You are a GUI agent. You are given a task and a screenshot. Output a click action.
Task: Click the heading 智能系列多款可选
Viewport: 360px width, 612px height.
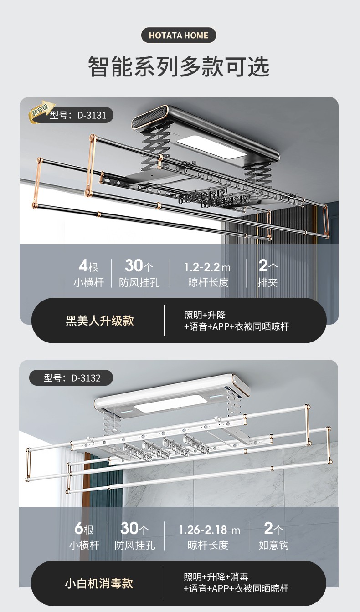pos(180,66)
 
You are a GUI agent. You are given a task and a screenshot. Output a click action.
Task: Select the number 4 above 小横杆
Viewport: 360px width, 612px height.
pos(83,266)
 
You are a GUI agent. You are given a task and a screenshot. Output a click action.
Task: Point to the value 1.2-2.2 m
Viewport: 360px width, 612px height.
pos(207,267)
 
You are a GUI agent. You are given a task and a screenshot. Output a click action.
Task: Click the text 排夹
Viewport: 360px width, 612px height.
pos(267,282)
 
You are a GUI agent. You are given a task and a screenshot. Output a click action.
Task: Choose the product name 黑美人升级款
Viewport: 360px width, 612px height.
pos(100,321)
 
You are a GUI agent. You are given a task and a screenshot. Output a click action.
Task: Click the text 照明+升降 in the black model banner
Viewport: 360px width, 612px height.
pos(205,315)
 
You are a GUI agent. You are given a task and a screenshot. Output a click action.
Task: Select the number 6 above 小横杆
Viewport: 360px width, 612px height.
pos(79,530)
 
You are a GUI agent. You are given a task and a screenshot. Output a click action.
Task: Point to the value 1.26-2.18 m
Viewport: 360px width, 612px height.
pos(209,530)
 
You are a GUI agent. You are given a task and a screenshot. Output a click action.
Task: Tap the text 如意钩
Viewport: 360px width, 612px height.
pos(273,545)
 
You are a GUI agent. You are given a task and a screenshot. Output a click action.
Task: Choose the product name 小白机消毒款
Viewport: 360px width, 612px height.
pos(99,583)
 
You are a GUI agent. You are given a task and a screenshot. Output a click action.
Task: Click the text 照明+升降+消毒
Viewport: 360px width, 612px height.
pos(216,577)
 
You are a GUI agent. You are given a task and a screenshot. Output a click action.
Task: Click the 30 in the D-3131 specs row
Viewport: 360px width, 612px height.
pos(134,266)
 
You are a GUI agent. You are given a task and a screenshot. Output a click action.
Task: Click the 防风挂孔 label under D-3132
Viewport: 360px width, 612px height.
pos(135,545)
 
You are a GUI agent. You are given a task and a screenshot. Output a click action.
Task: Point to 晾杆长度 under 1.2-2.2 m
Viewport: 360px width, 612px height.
pos(208,282)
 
